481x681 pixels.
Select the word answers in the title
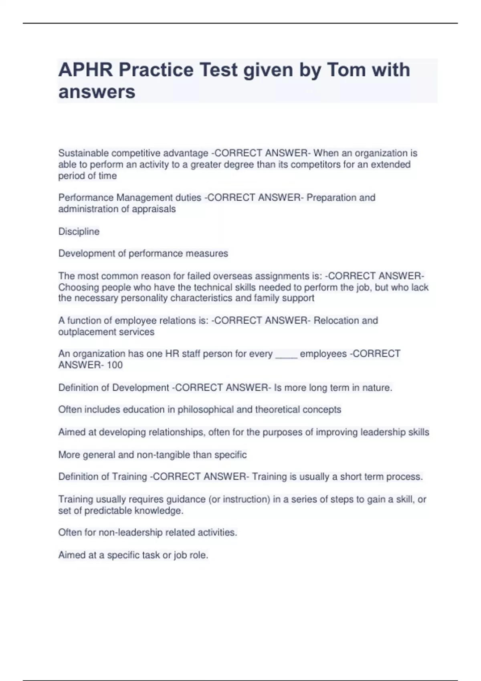point(97,92)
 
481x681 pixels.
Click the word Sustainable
point(83,153)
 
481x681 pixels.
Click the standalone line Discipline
point(79,232)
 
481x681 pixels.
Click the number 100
point(115,365)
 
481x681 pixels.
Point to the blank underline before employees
point(286,355)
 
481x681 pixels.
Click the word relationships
point(176,432)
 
